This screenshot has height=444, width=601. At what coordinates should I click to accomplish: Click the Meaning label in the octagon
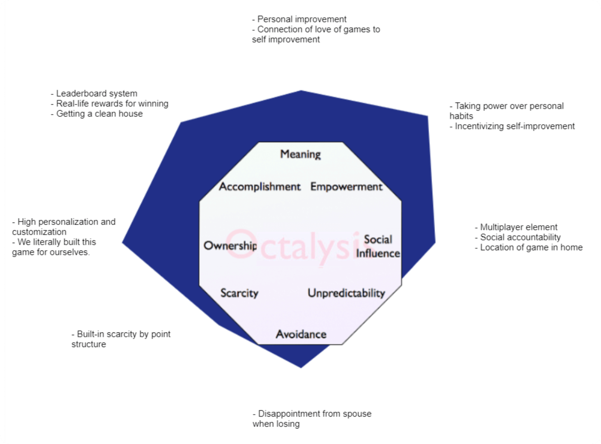click(300, 154)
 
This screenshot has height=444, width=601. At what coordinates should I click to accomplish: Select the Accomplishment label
click(260, 187)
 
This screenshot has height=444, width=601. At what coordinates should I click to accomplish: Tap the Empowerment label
click(346, 187)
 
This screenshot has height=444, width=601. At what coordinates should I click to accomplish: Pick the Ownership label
click(230, 246)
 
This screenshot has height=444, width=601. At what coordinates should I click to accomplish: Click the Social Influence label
click(378, 246)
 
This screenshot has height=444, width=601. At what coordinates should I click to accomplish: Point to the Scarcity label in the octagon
click(239, 293)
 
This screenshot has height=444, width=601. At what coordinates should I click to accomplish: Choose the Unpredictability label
click(346, 293)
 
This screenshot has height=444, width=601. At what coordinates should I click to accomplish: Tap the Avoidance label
click(301, 334)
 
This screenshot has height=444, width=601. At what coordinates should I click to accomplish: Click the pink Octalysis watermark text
click(293, 246)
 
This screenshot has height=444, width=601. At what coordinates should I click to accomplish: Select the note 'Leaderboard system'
click(97, 94)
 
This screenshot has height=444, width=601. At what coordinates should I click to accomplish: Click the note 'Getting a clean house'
click(99, 114)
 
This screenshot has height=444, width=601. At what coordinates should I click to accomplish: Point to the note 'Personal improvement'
click(302, 19)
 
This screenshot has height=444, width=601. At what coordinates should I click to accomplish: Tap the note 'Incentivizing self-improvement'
click(515, 126)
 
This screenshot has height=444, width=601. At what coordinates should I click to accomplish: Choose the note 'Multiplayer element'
click(518, 227)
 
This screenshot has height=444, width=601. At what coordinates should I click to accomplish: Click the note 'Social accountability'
click(520, 237)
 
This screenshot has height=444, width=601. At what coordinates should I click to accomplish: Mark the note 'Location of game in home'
click(531, 248)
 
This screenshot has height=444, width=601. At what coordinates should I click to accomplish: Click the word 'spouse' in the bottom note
click(357, 414)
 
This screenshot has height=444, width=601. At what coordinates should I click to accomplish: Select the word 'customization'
click(39, 232)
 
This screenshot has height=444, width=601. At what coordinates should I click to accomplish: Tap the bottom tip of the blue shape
click(301, 367)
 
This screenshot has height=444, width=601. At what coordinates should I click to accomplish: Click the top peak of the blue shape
click(301, 91)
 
